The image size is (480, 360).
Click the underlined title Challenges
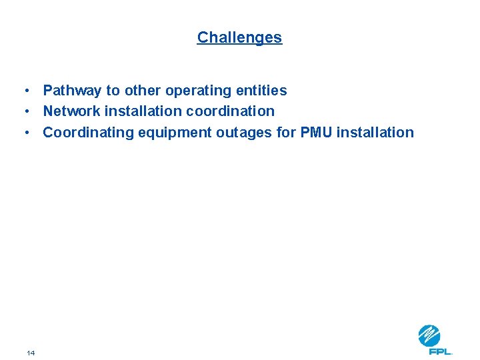click(x=239, y=37)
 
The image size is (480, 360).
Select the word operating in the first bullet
click(x=199, y=90)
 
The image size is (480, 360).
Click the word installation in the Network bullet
click(x=148, y=111)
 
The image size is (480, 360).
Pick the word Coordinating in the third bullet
click(x=89, y=132)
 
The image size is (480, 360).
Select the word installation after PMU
click(x=375, y=132)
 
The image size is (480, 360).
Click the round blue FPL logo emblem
click(x=429, y=335)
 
